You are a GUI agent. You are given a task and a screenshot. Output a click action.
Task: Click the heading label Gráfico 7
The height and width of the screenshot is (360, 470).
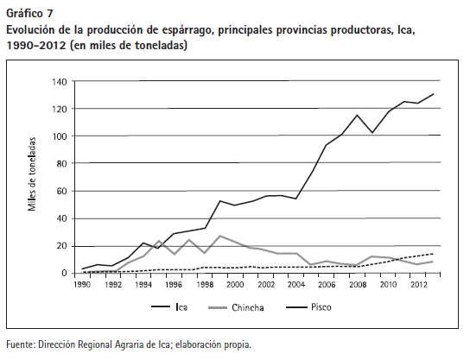click(29, 14)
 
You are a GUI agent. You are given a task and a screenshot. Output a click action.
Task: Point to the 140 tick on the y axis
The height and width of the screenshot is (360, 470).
click(60, 82)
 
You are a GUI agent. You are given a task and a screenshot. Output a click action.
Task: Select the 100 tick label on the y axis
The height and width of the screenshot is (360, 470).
click(60, 136)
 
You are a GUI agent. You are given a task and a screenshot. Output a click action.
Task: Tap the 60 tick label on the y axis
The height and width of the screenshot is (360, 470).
click(61, 191)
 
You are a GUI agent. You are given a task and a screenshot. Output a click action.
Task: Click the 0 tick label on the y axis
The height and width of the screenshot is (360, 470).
click(65, 273)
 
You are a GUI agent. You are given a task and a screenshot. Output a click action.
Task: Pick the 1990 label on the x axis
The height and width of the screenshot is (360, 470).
click(82, 285)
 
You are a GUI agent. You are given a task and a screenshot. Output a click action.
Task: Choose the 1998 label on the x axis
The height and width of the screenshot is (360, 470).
click(205, 285)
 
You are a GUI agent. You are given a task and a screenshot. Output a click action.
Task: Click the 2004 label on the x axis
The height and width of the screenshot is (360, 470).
click(296, 285)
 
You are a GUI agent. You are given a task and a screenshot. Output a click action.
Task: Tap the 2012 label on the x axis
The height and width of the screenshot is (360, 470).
click(419, 285)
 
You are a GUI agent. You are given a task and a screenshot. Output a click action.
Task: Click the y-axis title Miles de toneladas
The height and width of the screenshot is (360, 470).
click(32, 174)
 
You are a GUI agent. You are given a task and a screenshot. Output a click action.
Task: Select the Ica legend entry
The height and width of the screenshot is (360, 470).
click(169, 307)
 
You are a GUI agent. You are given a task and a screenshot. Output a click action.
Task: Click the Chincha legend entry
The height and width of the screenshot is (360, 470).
click(236, 307)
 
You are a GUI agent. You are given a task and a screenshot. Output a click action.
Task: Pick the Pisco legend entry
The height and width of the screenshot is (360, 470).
click(308, 307)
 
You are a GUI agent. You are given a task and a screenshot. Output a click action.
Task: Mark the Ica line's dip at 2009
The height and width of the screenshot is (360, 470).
click(372, 132)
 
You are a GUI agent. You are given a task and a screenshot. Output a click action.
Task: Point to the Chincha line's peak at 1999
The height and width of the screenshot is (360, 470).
click(220, 236)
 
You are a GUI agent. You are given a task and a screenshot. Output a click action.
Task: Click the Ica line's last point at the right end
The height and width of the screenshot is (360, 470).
click(434, 94)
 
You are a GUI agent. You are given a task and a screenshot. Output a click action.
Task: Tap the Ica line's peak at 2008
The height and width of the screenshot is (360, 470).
click(357, 115)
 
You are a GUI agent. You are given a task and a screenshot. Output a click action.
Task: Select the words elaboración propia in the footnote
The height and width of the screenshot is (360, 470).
click(213, 345)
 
